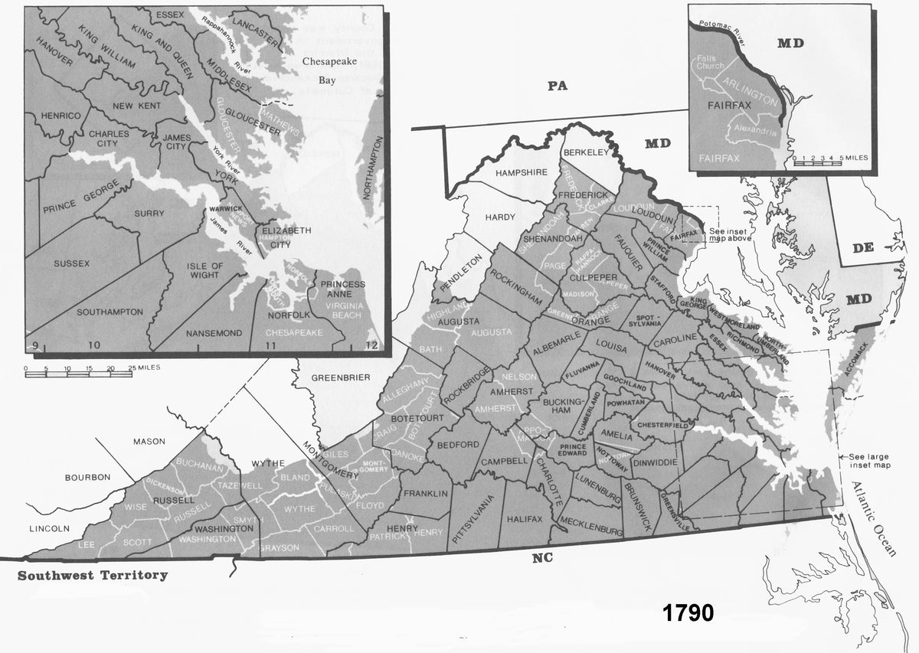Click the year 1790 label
point(687,613)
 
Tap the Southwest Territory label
point(93,575)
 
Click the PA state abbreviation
point(557,86)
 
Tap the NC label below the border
point(542,559)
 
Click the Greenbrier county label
point(341,377)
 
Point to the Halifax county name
point(525,519)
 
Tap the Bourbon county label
point(88,477)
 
